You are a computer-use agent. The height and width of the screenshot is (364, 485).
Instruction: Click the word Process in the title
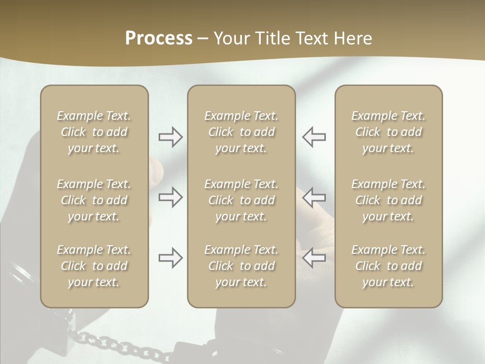pyautogui.click(x=159, y=38)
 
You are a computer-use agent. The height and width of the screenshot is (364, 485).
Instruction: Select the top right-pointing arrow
pyautogui.click(x=170, y=137)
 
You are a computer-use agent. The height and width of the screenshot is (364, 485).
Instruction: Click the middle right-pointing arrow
pyautogui.click(x=170, y=197)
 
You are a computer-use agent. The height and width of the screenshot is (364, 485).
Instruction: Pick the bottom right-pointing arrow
pyautogui.click(x=170, y=258)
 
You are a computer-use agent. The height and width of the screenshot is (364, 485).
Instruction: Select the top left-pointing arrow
pyautogui.click(x=314, y=137)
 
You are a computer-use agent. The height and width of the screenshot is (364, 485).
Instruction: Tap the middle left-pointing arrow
pyautogui.click(x=314, y=197)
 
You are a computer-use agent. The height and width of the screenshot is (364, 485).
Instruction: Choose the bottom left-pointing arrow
pyautogui.click(x=314, y=258)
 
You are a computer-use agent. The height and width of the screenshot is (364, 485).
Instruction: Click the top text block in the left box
pyautogui.click(x=94, y=132)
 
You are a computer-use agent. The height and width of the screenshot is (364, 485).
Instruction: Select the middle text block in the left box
pyautogui.click(x=94, y=200)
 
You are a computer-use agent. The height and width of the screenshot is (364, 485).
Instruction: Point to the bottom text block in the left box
pyautogui.click(x=94, y=266)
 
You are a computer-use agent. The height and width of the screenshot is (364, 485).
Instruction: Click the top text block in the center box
pyautogui.click(x=241, y=132)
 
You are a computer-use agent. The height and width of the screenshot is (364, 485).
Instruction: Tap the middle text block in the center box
pyautogui.click(x=241, y=200)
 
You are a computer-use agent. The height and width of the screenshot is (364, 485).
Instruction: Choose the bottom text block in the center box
pyautogui.click(x=241, y=266)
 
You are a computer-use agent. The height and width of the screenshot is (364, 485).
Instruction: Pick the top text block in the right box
pyautogui.click(x=388, y=132)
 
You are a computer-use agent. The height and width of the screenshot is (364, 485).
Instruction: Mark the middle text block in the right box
pyautogui.click(x=388, y=200)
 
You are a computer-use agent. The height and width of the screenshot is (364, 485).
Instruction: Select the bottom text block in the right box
pyautogui.click(x=388, y=266)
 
